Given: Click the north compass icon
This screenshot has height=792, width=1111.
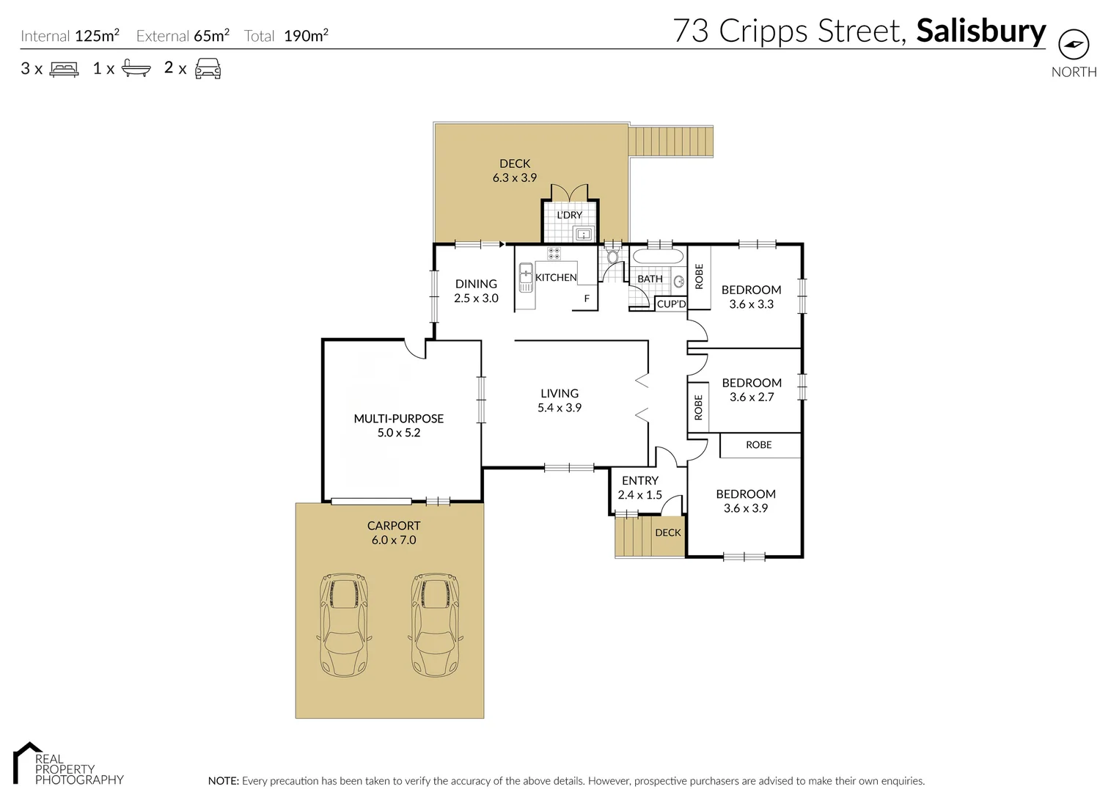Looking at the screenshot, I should tap(1074, 45).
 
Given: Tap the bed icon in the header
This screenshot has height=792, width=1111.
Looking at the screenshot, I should tap(64, 69).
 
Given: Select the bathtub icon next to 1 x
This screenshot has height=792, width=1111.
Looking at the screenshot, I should tap(136, 69).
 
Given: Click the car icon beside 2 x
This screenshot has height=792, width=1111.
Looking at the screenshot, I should tap(208, 68).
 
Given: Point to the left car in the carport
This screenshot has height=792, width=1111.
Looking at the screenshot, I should tap(343, 625).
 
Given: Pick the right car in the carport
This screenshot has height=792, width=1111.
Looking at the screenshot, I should tap(435, 625).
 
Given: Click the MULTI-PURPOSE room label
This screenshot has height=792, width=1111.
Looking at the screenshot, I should tap(398, 419).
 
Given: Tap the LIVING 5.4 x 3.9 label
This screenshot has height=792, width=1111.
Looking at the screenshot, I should tap(559, 400).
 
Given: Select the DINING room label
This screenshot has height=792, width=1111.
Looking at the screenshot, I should tap(476, 284).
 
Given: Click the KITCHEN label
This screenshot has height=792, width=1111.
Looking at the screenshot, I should tap(556, 277).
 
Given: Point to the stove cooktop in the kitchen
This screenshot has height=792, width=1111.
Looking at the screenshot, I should tap(554, 253).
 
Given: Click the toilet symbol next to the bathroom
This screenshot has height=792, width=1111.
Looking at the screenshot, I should tap(612, 257).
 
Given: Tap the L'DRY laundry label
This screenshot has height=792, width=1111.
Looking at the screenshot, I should tap(569, 215).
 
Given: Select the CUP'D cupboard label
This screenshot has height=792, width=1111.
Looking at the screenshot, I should tap(671, 304).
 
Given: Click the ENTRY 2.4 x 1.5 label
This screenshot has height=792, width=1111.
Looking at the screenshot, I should tap(639, 488).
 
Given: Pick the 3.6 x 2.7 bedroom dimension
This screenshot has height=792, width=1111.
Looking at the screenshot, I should tap(752, 397).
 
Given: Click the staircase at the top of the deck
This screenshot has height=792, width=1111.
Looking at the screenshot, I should tap(672, 140).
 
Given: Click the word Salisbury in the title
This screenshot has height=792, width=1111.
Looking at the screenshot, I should tap(980, 31).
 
